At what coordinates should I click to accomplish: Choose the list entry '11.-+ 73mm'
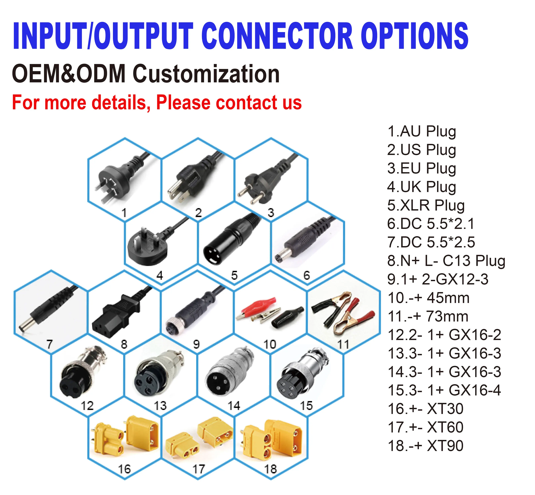(428, 317)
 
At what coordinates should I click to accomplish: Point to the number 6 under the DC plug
(307, 275)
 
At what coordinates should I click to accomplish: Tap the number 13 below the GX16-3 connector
(160, 406)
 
